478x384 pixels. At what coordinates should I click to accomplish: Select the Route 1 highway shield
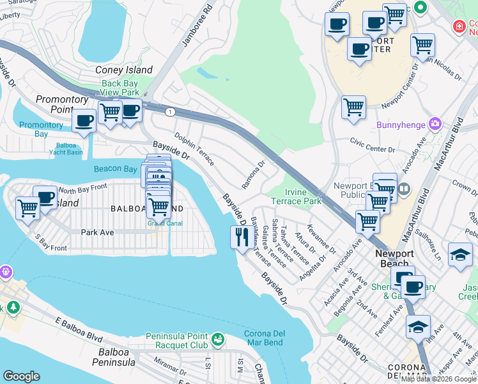point(169,112)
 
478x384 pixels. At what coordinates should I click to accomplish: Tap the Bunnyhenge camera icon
point(436,124)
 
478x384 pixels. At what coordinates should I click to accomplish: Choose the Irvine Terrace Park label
point(295,196)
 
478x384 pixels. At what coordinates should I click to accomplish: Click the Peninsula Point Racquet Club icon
point(218,337)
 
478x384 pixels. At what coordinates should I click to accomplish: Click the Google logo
point(21,376)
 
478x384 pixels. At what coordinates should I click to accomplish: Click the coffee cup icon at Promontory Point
point(84,120)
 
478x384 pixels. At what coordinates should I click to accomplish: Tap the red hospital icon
point(458,26)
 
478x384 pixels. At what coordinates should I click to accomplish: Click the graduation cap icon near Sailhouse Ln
point(460,255)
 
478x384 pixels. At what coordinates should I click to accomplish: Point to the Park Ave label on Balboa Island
point(98,232)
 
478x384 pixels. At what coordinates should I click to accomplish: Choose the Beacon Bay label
point(115,169)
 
